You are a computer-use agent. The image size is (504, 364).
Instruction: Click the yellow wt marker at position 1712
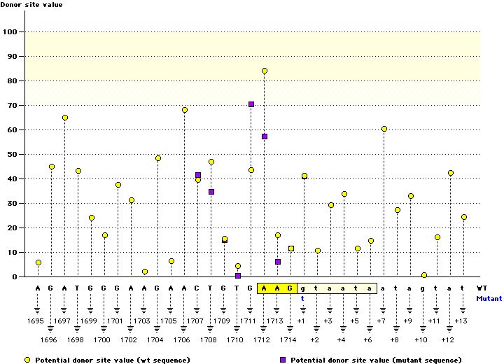(265, 71)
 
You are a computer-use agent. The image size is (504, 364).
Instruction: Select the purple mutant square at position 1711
(251, 104)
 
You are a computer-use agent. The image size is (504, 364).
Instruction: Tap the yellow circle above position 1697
(65, 118)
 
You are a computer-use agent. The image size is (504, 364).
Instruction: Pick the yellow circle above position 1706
(185, 110)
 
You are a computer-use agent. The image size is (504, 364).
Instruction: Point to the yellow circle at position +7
(384, 129)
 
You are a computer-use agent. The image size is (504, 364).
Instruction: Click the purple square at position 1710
(238, 276)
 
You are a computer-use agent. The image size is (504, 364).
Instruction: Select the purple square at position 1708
(211, 192)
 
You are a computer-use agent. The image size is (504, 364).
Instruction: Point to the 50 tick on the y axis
(12, 154)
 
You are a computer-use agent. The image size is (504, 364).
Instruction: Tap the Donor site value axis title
(31, 4)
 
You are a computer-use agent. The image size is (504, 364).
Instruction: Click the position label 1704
(155, 339)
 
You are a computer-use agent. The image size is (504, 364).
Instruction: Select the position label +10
(421, 339)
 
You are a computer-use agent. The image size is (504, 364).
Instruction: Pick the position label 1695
(36, 321)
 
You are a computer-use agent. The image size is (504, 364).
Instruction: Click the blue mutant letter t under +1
(302, 298)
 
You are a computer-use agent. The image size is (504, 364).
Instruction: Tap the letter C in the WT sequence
(197, 288)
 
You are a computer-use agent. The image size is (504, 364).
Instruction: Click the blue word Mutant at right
(489, 298)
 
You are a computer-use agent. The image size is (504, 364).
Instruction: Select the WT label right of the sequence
(482, 288)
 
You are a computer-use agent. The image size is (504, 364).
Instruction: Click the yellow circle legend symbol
(27, 360)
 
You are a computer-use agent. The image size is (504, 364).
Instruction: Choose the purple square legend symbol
(283, 360)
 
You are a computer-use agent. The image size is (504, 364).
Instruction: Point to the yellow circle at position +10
(424, 275)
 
